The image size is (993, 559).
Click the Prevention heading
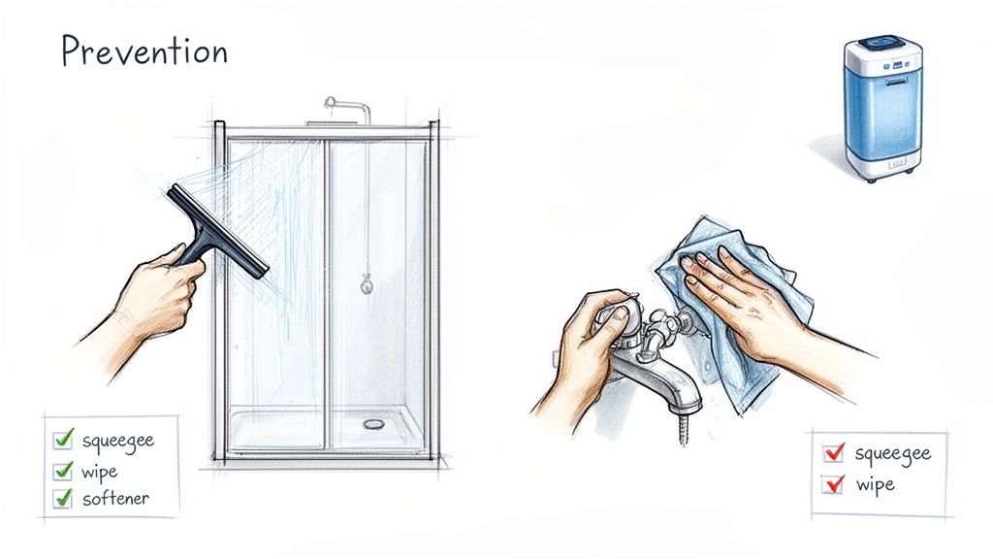pyautogui.click(x=144, y=50)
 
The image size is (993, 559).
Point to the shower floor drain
pyautogui.click(x=373, y=424)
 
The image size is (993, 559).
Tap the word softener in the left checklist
pyautogui.click(x=115, y=499)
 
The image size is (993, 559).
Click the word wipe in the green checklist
pyautogui.click(x=100, y=471)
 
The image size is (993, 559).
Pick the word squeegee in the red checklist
pyautogui.click(x=892, y=453)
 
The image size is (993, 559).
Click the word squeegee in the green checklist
pyautogui.click(x=117, y=441)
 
